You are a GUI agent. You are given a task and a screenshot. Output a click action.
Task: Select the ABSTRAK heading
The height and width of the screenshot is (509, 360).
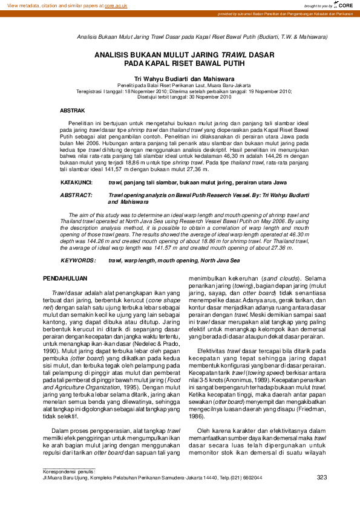coord(72,111)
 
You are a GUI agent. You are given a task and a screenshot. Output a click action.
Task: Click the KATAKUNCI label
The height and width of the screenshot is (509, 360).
coord(76,182)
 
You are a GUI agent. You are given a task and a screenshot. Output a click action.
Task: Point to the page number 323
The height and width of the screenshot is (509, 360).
coord(321,478)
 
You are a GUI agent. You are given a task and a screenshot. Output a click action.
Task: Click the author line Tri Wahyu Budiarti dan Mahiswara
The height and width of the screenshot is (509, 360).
coord(179,79)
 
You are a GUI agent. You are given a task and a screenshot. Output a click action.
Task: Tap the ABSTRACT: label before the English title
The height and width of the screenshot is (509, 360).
coord(76,196)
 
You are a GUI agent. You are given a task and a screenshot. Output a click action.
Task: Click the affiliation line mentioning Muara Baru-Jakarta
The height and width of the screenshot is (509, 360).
coord(179,86)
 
